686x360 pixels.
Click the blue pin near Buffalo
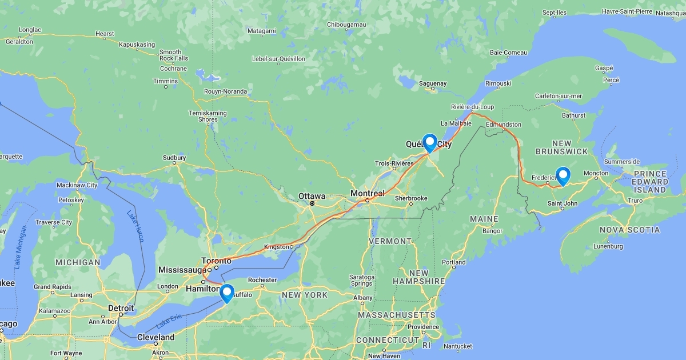pyautogui.click(x=227, y=293)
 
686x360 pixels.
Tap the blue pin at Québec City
pyautogui.click(x=429, y=142)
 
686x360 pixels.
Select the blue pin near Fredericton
pyautogui.click(x=563, y=176)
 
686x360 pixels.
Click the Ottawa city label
pyautogui.click(x=312, y=196)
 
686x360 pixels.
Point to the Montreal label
pyautogui.click(x=368, y=193)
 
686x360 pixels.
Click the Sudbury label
pyautogui.click(x=174, y=158)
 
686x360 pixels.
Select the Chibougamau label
pyautogui.click(x=346, y=25)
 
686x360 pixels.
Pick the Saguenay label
pyautogui.click(x=433, y=83)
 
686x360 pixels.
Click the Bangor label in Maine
pyautogui.click(x=492, y=231)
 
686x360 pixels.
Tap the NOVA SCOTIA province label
pyautogui.click(x=629, y=230)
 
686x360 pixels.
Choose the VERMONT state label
pyautogui.click(x=390, y=241)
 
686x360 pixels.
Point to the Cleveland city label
pyautogui.click(x=155, y=337)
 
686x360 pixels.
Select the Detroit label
pyautogui.click(x=121, y=308)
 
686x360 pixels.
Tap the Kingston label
pyautogui.click(x=277, y=247)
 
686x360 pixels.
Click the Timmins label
pyautogui.click(x=166, y=81)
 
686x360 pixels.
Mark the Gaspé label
pyautogui.click(x=604, y=68)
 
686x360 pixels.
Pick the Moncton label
pyautogui.click(x=596, y=173)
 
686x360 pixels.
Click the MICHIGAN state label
pyautogui.click(x=78, y=262)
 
